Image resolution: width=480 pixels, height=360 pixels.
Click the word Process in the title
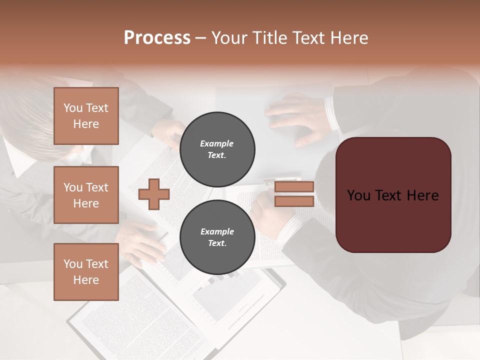[x=157, y=38]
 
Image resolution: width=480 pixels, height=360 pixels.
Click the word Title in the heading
[x=270, y=38]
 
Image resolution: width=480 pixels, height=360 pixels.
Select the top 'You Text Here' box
[x=86, y=116]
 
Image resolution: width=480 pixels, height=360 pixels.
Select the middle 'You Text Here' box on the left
[x=86, y=195]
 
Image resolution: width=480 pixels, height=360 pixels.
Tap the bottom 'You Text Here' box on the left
[x=86, y=271]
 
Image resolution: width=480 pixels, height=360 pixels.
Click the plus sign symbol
[x=154, y=194]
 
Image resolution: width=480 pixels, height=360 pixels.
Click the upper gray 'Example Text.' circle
[x=217, y=149]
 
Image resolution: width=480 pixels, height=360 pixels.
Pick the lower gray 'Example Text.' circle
[x=217, y=237]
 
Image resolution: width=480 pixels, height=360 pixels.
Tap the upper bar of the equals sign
[x=294, y=186]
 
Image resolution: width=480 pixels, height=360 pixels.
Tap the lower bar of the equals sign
[x=294, y=201]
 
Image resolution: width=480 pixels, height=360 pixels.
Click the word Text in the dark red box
[x=393, y=195]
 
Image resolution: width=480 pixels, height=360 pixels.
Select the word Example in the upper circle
[x=217, y=143]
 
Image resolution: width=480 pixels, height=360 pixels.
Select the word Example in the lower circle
[x=217, y=231]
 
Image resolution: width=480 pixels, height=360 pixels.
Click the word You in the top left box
[x=73, y=108]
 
